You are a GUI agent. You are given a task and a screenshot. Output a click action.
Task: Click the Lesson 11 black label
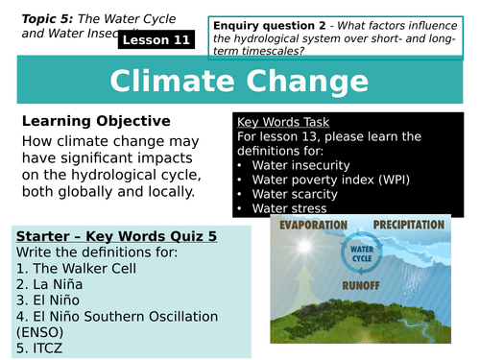click(156, 40)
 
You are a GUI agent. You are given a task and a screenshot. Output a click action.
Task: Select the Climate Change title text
click(239, 84)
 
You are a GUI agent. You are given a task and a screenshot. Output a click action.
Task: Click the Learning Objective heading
click(96, 121)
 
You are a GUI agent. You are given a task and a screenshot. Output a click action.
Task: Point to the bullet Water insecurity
click(302, 164)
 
